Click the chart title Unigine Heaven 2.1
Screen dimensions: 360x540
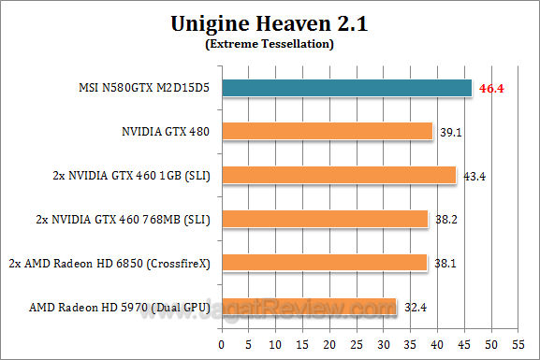[270, 23]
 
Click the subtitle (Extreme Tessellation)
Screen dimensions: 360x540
[270, 44]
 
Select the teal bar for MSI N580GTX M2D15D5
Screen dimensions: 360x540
[347, 87]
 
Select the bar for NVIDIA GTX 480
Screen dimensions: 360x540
[328, 131]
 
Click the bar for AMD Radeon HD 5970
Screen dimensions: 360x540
[310, 306]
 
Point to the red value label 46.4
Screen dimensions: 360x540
[492, 88]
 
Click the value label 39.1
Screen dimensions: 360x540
[451, 132]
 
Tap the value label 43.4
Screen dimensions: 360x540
[474, 176]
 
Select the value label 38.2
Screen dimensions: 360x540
[446, 220]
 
